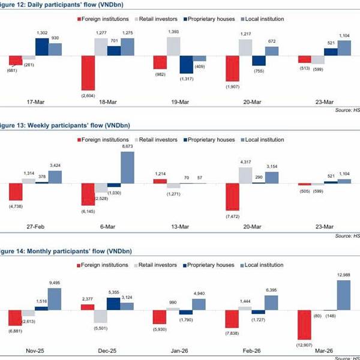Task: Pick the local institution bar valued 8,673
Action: tap(127, 167)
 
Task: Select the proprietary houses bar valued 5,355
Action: tap(113, 303)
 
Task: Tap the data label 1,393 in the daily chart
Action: tap(174, 31)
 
